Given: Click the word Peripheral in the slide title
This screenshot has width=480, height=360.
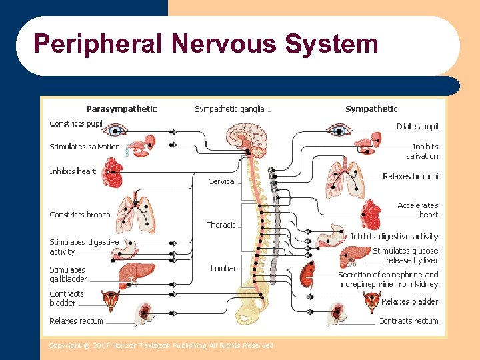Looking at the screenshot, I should [98, 45].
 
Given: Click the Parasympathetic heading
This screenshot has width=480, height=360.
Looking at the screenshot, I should [121, 109].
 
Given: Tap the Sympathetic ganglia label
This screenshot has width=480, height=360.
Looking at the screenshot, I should [229, 109].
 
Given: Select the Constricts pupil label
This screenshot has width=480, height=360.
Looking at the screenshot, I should [76, 124].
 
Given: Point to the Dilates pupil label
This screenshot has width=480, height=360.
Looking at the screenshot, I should [417, 126].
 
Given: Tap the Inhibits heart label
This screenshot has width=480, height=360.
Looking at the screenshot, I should [73, 171].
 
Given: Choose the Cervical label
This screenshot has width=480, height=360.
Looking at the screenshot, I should [221, 181].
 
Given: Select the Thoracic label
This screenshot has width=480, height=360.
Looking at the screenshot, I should [221, 225].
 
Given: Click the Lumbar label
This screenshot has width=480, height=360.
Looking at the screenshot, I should [223, 269].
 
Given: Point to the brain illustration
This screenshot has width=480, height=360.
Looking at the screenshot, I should [245, 137].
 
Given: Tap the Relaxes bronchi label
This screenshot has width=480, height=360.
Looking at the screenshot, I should [411, 177].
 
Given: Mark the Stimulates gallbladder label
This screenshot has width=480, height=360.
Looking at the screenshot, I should [68, 275].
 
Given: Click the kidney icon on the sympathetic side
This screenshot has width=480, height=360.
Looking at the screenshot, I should [307, 274].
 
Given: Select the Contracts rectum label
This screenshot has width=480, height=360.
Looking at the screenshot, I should [408, 321].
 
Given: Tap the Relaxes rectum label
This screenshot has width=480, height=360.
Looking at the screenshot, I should [76, 321].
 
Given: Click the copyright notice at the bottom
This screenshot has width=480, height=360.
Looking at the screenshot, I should [161, 345].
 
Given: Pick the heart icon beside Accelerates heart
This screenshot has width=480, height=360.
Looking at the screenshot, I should [371, 215].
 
